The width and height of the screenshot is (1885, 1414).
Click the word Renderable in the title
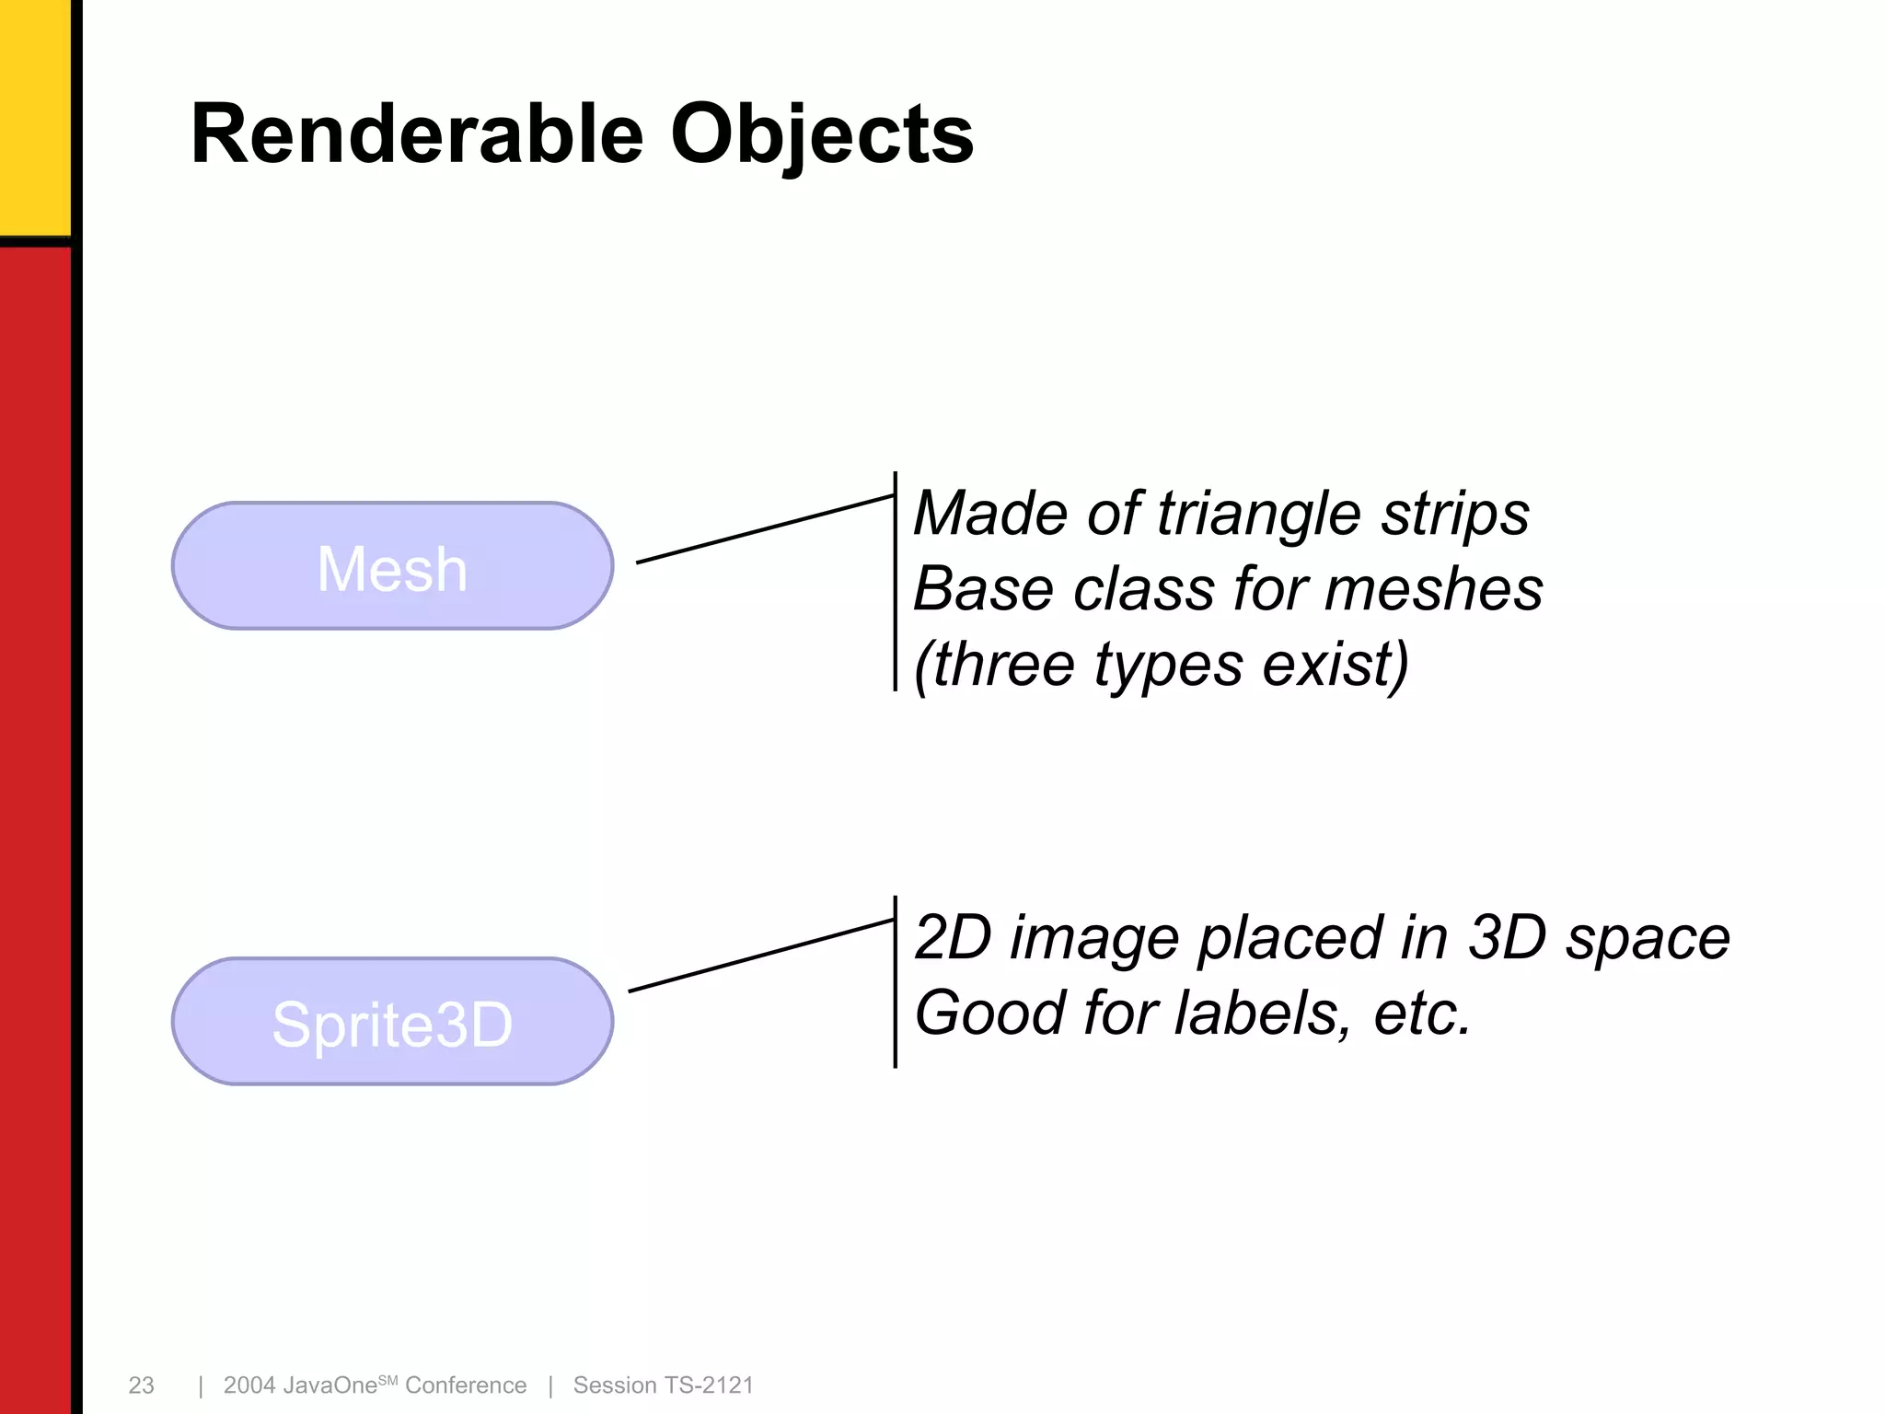click(416, 134)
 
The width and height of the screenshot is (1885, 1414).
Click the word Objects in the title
click(821, 136)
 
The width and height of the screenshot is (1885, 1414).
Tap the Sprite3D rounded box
click(392, 1023)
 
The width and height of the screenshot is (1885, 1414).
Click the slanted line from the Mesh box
click(764, 529)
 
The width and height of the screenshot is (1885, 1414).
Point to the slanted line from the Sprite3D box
click(760, 956)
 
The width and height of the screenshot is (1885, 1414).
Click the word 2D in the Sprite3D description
click(954, 938)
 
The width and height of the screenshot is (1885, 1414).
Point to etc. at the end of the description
click(1422, 1014)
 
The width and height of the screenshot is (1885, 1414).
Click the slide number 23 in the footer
click(141, 1385)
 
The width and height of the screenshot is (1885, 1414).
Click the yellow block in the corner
click(34, 115)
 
